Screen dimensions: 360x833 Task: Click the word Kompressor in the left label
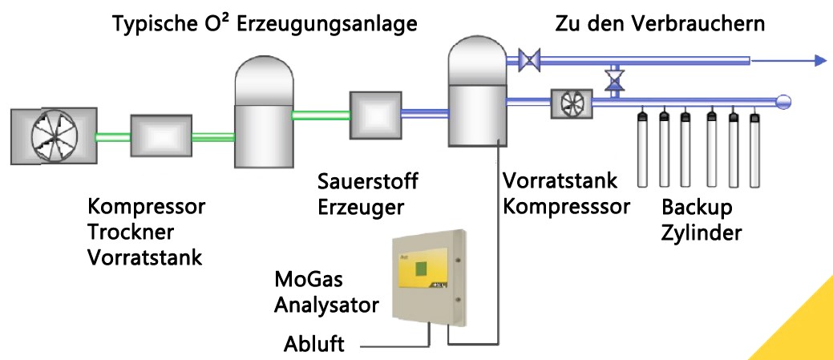coord(147,207)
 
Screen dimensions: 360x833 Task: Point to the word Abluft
coord(313,346)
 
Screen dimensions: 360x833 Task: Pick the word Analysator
coord(326,305)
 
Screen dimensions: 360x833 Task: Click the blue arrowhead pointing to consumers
coord(820,59)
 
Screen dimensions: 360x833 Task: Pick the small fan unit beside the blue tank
coord(571,102)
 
